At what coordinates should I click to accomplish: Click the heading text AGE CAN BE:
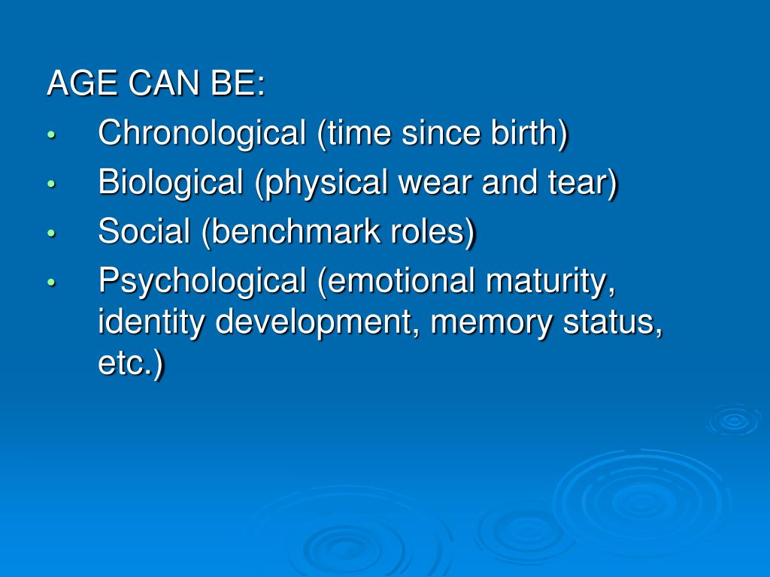click(156, 84)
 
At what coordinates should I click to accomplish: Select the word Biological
click(171, 183)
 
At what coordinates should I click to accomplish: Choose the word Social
click(144, 231)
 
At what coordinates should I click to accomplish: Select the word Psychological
click(202, 282)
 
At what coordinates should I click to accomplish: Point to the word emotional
click(399, 281)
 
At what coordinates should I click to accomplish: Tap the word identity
click(153, 324)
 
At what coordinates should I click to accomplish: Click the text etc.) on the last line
click(130, 365)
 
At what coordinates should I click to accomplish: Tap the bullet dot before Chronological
click(51, 135)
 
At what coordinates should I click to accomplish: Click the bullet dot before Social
click(51, 234)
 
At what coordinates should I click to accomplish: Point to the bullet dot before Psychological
click(51, 283)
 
